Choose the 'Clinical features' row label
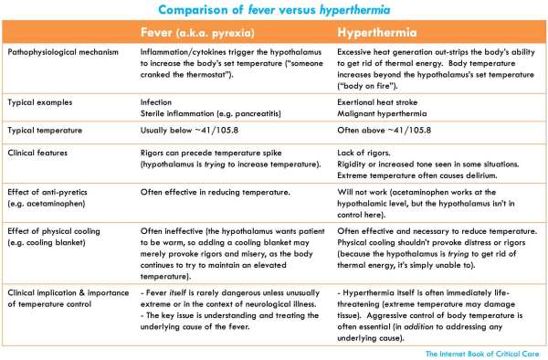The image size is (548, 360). coord(39,152)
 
